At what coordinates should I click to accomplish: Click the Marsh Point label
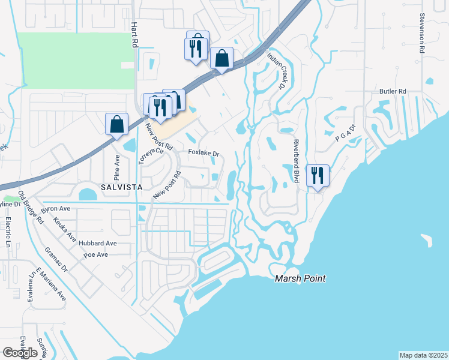click(300, 278)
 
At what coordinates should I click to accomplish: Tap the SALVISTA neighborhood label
click(121, 187)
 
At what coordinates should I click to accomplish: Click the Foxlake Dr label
click(203, 153)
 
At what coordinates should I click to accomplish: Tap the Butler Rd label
click(393, 91)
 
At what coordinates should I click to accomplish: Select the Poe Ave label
click(95, 254)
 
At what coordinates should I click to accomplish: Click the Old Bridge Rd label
click(31, 208)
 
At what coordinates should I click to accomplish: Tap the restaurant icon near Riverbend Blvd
click(318, 175)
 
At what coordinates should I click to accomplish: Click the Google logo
click(20, 353)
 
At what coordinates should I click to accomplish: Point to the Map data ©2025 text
click(423, 355)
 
